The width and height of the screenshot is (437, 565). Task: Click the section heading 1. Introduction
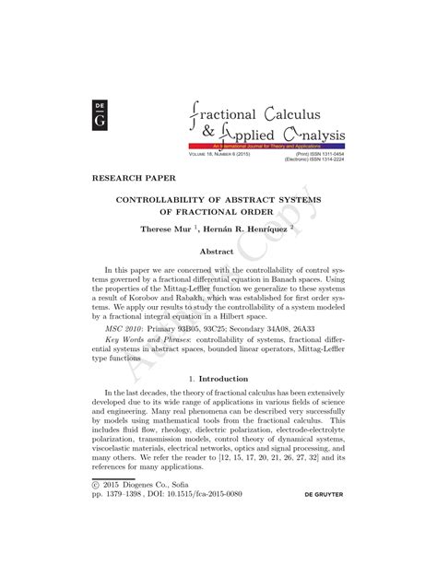point(218,403)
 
